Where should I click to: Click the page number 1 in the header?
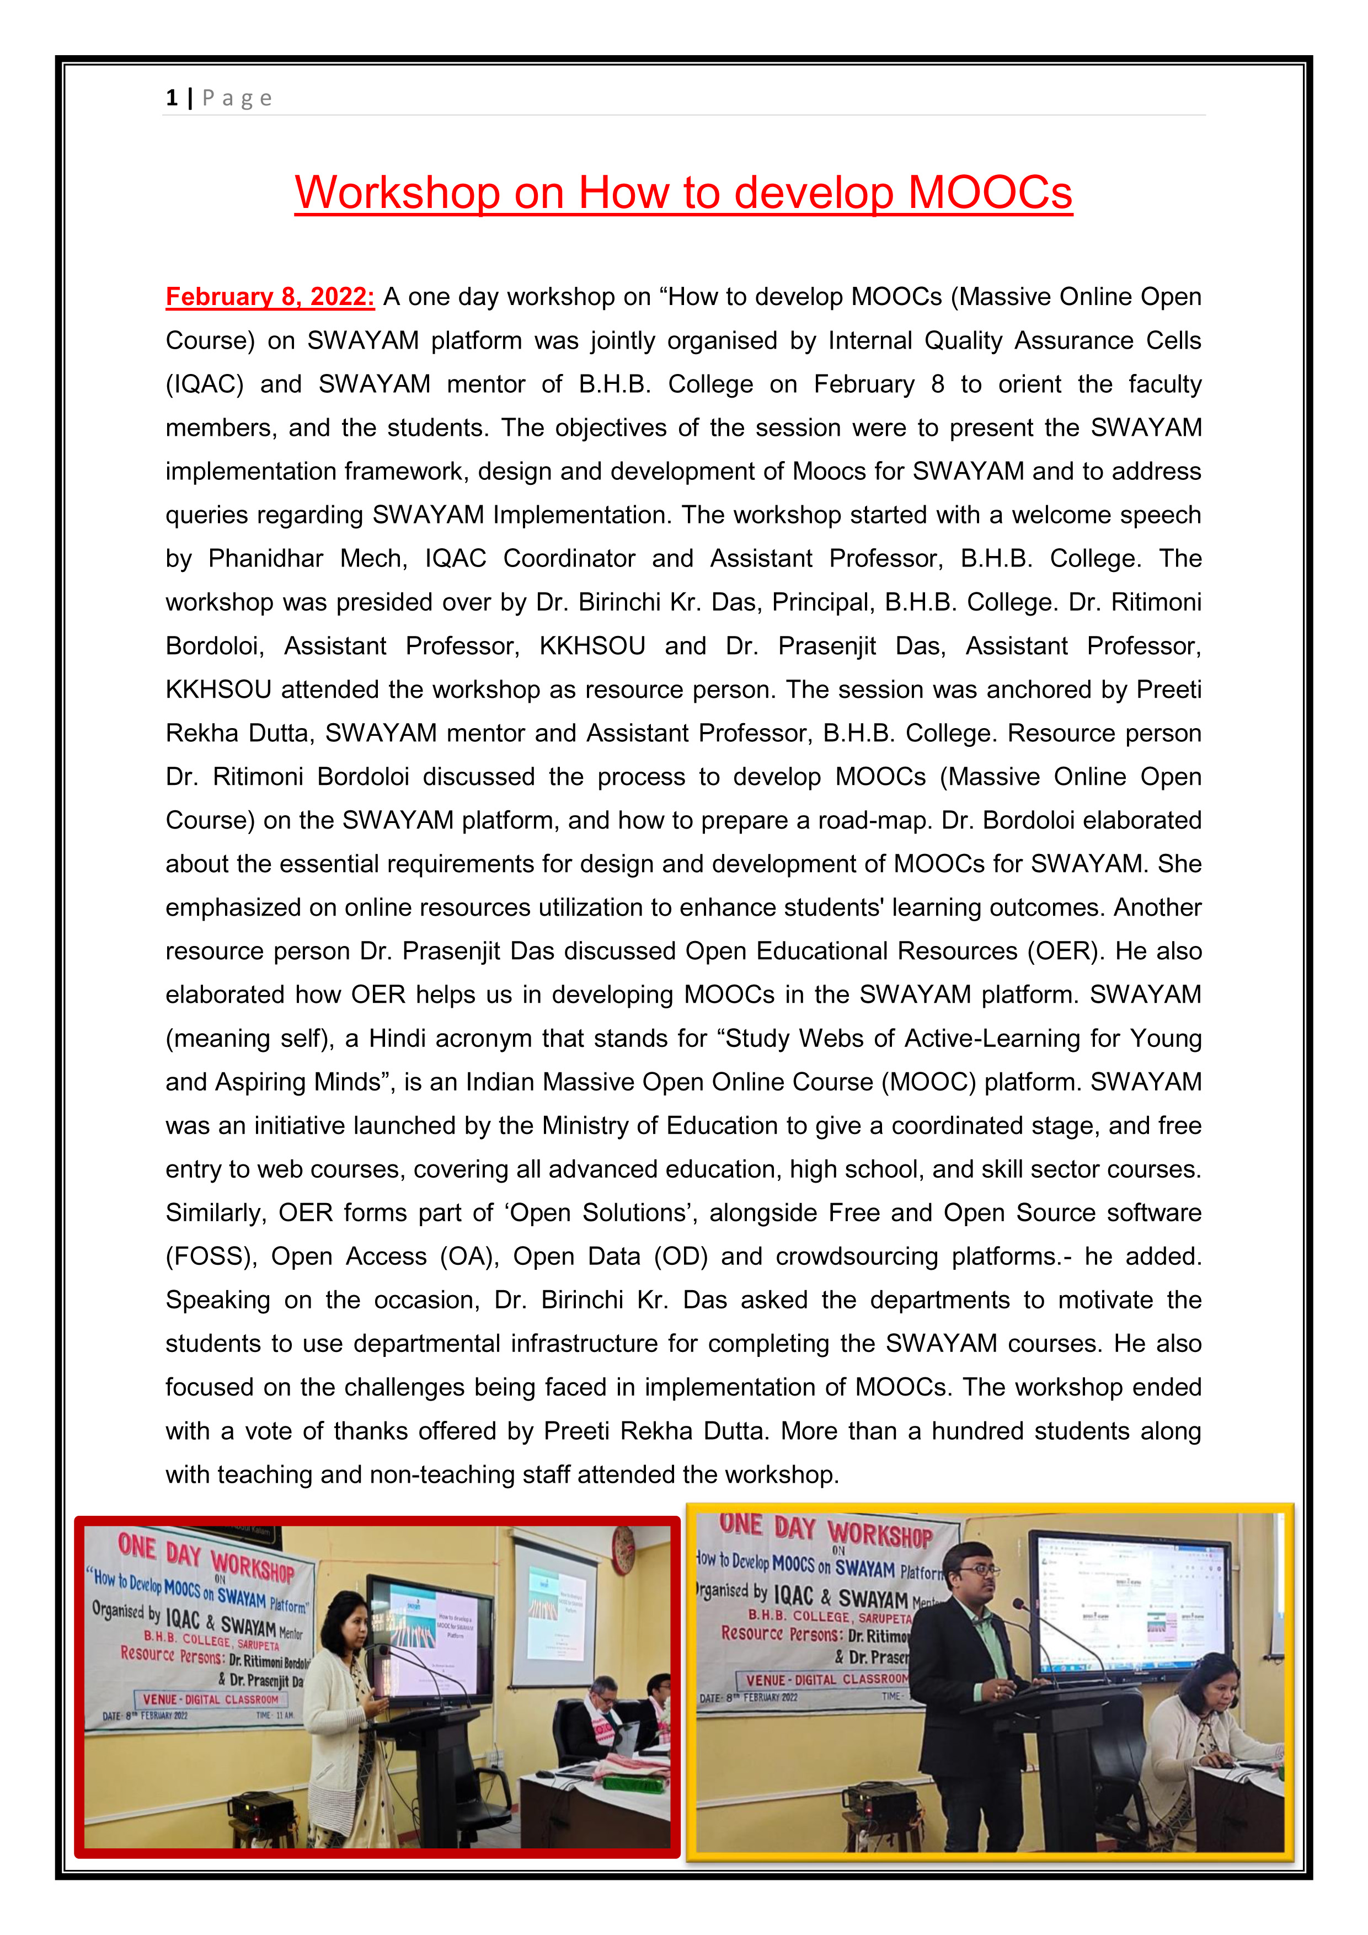point(172,99)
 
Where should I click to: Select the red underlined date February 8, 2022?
point(270,297)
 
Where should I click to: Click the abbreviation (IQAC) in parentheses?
point(204,384)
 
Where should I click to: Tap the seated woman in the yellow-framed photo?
point(1210,1728)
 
